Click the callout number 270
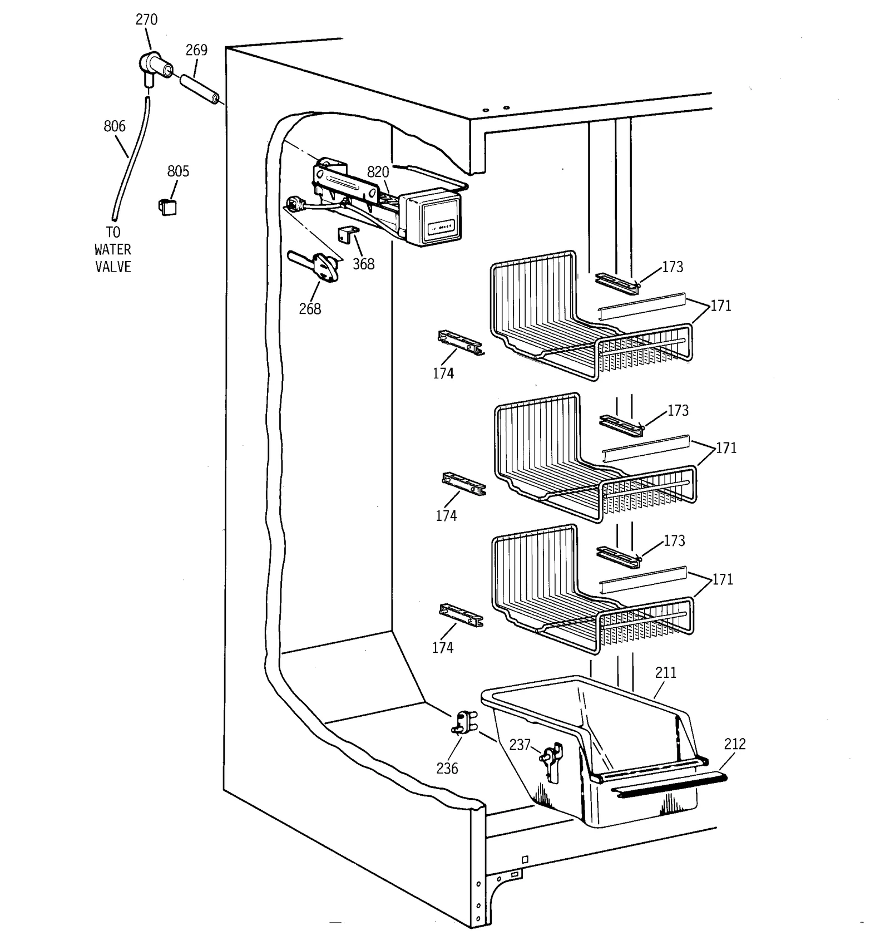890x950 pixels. [x=146, y=19]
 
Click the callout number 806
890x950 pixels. [x=115, y=126]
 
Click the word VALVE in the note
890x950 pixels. [x=113, y=267]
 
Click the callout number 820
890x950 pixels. [x=378, y=171]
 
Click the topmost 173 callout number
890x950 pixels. [x=672, y=267]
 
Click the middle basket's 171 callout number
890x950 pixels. [x=726, y=448]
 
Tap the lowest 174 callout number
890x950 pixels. [x=442, y=647]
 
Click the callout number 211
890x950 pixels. [x=665, y=672]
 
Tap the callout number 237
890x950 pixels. [x=520, y=745]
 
